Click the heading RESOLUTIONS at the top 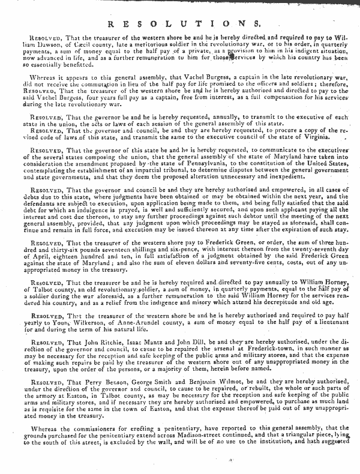[179, 23]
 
